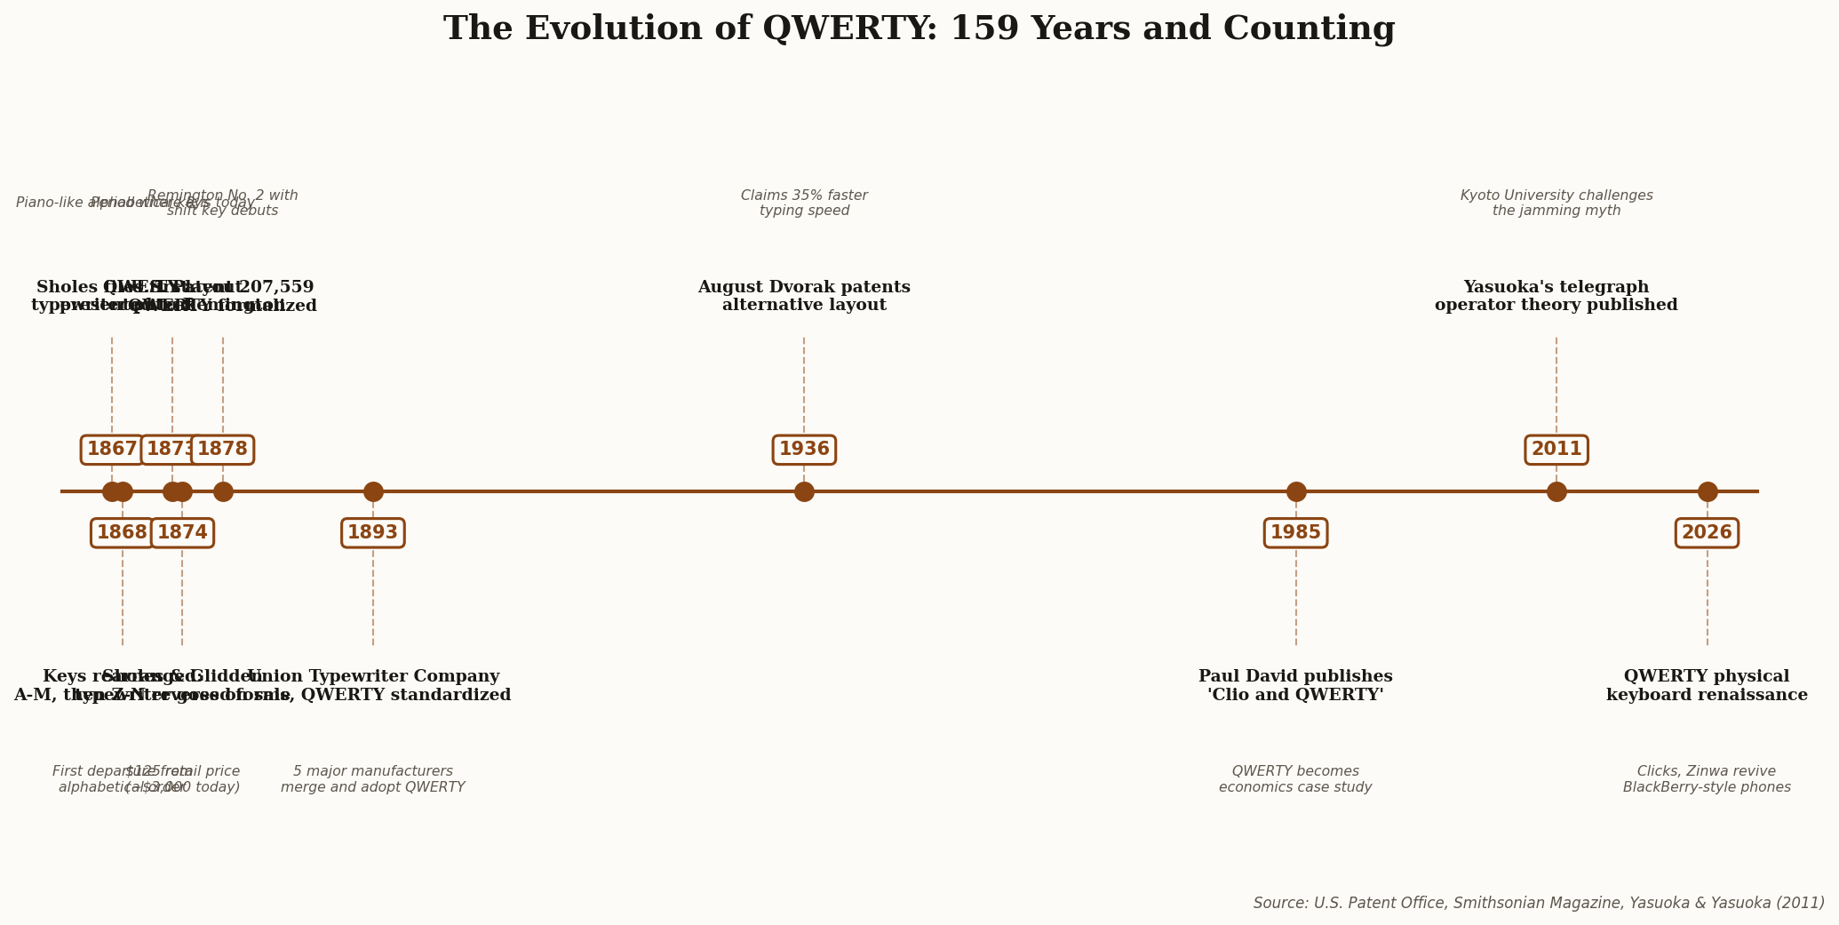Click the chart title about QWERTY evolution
click(x=919, y=29)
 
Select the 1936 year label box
click(x=804, y=450)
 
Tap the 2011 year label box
click(x=1556, y=450)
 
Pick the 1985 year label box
click(x=1295, y=533)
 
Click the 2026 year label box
click(x=1706, y=533)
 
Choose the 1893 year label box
click(x=372, y=533)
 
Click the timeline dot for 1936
click(x=804, y=491)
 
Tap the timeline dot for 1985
click(x=1295, y=491)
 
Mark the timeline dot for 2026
click(x=1707, y=491)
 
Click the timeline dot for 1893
click(x=373, y=491)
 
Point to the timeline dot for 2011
click(x=1556, y=491)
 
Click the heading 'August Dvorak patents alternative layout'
click(x=804, y=297)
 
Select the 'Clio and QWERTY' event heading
click(x=1295, y=686)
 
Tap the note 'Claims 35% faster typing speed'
click(x=804, y=203)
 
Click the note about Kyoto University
click(x=1556, y=203)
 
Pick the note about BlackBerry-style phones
click(x=1706, y=779)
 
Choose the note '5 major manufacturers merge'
click(x=372, y=779)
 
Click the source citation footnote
click(x=1538, y=903)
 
